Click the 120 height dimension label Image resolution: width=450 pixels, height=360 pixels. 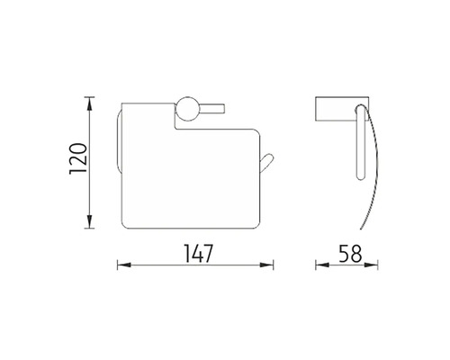point(78,159)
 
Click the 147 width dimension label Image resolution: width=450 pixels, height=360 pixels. point(198,254)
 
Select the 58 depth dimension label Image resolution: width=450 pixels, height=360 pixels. point(350,254)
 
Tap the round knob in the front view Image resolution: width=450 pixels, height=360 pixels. point(187,109)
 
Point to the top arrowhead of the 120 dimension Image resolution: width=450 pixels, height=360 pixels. point(89,104)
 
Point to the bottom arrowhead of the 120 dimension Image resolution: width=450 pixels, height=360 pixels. point(89,221)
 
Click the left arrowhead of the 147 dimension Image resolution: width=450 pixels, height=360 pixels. point(124,265)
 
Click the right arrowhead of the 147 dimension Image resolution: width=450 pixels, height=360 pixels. point(266,265)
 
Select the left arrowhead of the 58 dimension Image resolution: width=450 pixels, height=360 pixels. point(322,265)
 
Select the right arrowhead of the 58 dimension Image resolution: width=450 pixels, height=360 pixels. point(371,265)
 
